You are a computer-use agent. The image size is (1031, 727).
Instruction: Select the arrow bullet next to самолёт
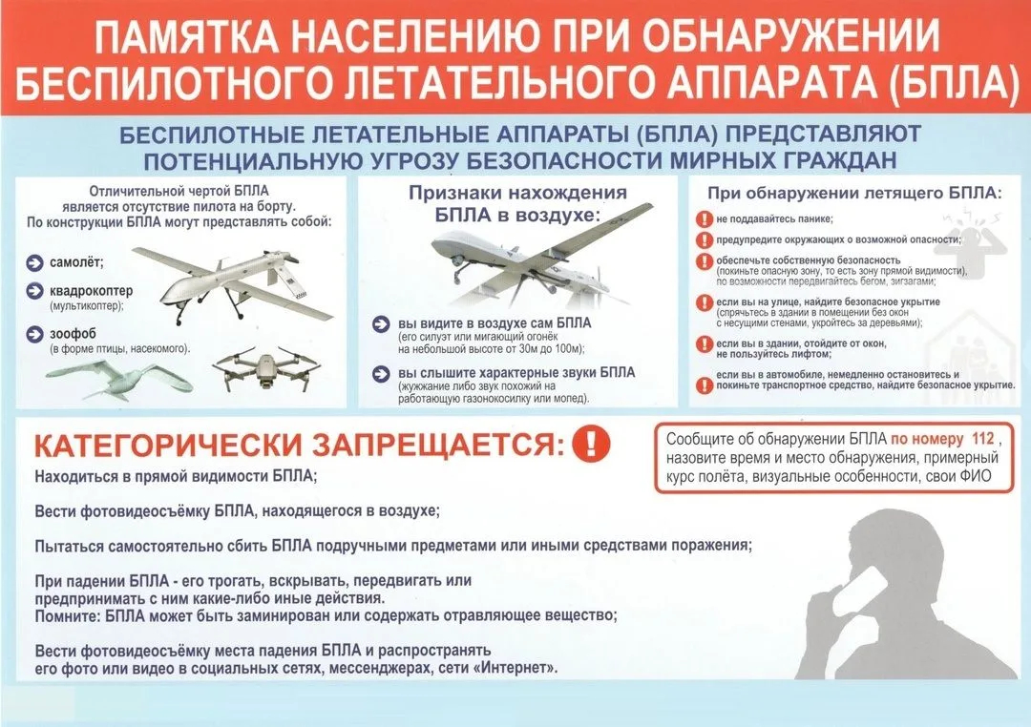pyautogui.click(x=34, y=263)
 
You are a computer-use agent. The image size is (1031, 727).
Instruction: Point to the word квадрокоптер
pyautogui.click(x=92, y=291)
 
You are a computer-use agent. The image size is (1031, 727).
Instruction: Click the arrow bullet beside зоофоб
pyautogui.click(x=34, y=334)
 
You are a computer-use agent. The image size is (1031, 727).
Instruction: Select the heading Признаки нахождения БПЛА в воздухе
pyautogui.click(x=517, y=204)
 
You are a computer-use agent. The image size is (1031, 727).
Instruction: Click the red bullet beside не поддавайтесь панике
pyautogui.click(x=705, y=218)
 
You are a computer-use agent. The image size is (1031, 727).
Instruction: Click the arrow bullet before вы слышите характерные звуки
pyautogui.click(x=381, y=373)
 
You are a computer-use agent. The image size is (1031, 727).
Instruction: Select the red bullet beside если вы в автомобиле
pyautogui.click(x=705, y=380)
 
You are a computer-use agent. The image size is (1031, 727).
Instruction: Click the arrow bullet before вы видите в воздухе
pyautogui.click(x=381, y=324)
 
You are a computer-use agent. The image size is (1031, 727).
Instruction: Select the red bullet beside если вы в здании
pyautogui.click(x=705, y=344)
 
